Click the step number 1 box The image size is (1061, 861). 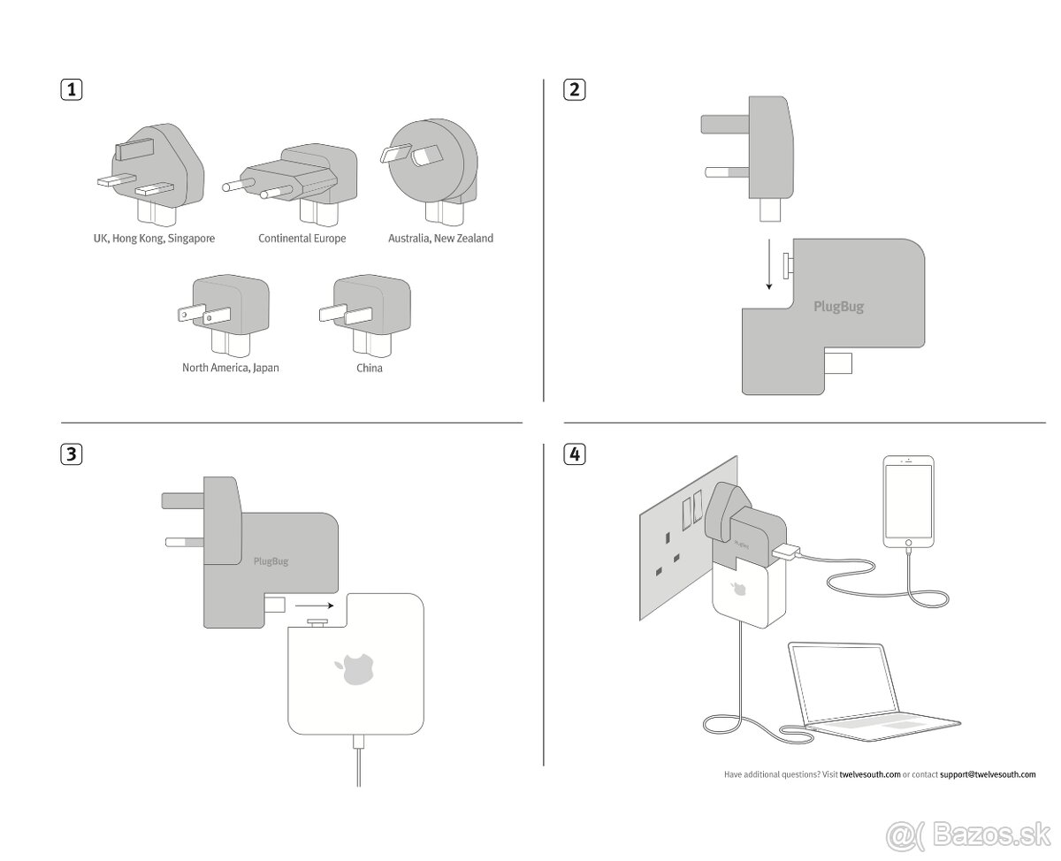coord(72,89)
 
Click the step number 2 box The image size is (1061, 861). coord(575,89)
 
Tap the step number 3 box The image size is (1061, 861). coord(72,454)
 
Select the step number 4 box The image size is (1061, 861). coord(575,454)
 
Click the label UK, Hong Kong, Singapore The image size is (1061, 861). coord(154,239)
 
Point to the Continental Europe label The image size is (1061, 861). coord(302,239)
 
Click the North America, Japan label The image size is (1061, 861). coord(230,368)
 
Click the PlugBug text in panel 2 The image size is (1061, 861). coord(838,308)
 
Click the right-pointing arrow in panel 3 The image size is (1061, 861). coord(313,606)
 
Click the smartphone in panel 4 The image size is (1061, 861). coord(908,504)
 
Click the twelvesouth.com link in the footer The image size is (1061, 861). coord(870,774)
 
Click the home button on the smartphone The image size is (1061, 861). coord(908,543)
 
